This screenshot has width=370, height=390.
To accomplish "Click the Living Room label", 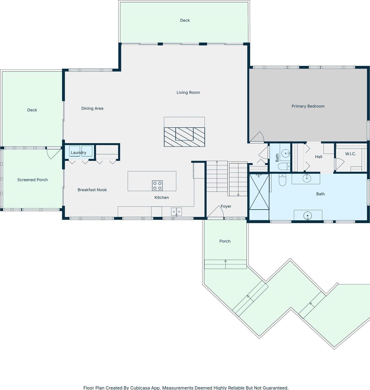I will (188, 93).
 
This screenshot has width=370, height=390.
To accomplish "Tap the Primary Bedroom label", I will (308, 106).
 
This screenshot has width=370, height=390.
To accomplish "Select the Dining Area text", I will (92, 108).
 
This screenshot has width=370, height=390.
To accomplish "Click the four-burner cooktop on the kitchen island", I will (157, 186).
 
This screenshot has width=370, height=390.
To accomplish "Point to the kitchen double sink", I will (177, 212).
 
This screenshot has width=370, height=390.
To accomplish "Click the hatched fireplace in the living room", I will (184, 137).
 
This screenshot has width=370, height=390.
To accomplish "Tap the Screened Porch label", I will (33, 180).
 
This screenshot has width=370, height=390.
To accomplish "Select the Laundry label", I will (78, 153).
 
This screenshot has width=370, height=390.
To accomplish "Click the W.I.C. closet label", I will (350, 154).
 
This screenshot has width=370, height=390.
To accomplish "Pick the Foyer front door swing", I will (216, 212).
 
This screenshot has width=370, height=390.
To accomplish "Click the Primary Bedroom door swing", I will (258, 137).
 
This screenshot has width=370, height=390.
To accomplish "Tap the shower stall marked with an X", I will (259, 192).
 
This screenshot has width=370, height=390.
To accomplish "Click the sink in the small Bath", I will (285, 154).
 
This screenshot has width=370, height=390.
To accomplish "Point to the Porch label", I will (225, 241).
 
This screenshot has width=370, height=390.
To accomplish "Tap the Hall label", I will (318, 157).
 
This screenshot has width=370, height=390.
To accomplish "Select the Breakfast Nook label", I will (92, 190).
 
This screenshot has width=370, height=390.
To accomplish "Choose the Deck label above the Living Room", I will (185, 20).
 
